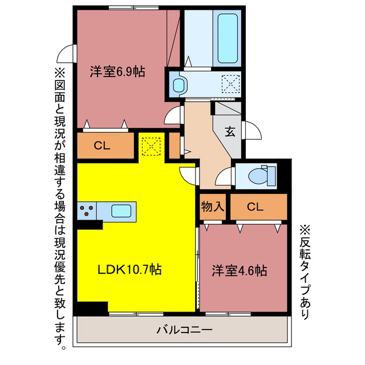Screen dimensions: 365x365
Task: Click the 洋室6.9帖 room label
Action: tap(117, 71)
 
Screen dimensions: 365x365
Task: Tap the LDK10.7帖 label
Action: tap(129, 269)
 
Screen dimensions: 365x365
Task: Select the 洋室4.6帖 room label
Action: tap(240, 270)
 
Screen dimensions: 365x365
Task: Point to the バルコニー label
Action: tap(185, 330)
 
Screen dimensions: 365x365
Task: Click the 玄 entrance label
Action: tap(230, 132)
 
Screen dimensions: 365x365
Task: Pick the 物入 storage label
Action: tap(213, 206)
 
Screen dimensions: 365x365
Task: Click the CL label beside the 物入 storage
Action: tap(255, 206)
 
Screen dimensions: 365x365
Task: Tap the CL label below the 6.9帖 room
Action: tap(102, 146)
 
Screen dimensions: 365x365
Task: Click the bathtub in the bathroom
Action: tap(228, 38)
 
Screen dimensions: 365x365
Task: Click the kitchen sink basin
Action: tap(121, 211)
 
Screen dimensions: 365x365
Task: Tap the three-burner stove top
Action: tap(87, 210)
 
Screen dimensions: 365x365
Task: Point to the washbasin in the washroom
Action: tap(180, 85)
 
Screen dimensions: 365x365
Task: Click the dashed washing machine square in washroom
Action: tap(230, 84)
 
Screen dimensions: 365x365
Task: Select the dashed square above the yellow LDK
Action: tap(151, 147)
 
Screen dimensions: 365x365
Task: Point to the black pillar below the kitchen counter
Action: tap(90, 225)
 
